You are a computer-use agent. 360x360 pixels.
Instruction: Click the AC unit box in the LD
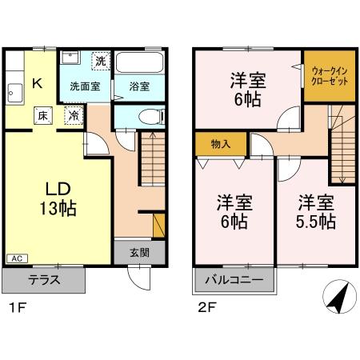coord(17,258)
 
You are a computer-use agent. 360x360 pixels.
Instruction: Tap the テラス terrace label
coord(43,280)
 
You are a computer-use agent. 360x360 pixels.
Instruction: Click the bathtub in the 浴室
coord(140,64)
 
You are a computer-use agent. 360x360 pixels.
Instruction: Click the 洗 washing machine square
coord(101,61)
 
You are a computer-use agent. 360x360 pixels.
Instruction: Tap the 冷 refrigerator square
coord(74,115)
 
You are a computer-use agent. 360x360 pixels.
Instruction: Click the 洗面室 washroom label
coord(84,86)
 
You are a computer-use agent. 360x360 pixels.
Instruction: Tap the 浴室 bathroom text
coord(140,86)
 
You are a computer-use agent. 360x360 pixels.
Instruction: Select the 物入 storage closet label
coord(222,145)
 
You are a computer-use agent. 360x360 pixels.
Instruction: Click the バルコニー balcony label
coord(235,280)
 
